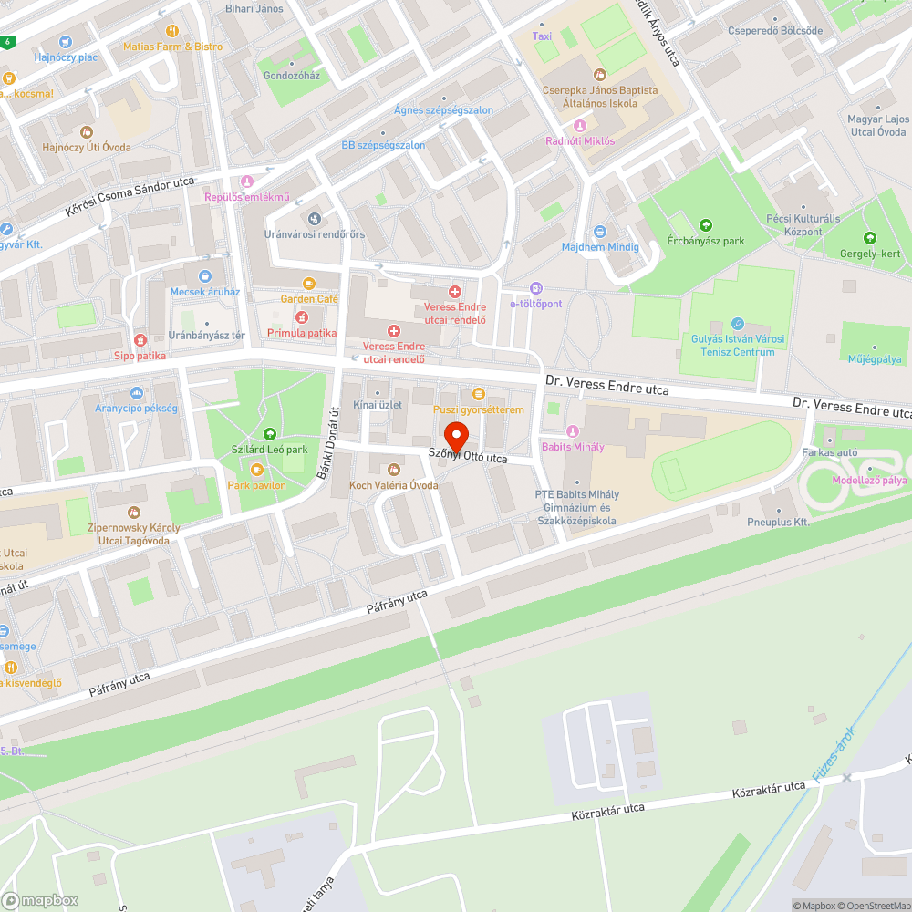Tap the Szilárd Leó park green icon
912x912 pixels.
click(x=269, y=434)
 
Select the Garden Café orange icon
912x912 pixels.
click(x=308, y=284)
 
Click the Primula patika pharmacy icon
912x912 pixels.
click(x=301, y=317)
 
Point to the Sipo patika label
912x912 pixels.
click(x=140, y=356)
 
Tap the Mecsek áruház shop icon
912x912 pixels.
click(x=205, y=275)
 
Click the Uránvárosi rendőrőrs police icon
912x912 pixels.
click(x=314, y=219)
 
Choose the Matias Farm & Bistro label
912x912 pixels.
click(x=172, y=47)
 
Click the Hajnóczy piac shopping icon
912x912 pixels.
click(x=65, y=42)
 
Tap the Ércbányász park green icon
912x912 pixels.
click(x=705, y=225)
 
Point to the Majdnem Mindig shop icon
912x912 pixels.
click(x=599, y=232)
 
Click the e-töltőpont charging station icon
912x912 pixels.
click(x=536, y=288)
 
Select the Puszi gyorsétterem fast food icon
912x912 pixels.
click(x=478, y=394)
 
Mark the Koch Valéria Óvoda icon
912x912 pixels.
click(x=394, y=469)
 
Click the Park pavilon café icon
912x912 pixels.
click(x=256, y=470)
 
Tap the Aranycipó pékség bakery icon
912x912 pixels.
click(x=137, y=392)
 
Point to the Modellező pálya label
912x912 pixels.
click(x=868, y=480)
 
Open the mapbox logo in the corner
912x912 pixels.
click(x=40, y=899)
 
